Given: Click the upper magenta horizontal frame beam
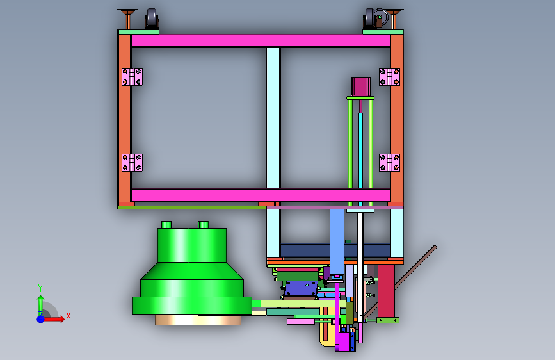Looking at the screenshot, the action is (x=261, y=41).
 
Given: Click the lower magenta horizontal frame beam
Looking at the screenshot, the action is (x=261, y=195).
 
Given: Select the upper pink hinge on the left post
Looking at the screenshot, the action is (x=132, y=76).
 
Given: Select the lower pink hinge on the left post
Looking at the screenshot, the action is (x=132, y=163).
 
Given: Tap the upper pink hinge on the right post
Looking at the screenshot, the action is (x=389, y=76).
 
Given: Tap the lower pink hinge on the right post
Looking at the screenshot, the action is (x=389, y=163).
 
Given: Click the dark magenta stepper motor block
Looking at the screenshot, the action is (x=360, y=86).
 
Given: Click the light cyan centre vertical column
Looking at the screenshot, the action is (x=273, y=118).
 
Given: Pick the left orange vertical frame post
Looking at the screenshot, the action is (x=125, y=119).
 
